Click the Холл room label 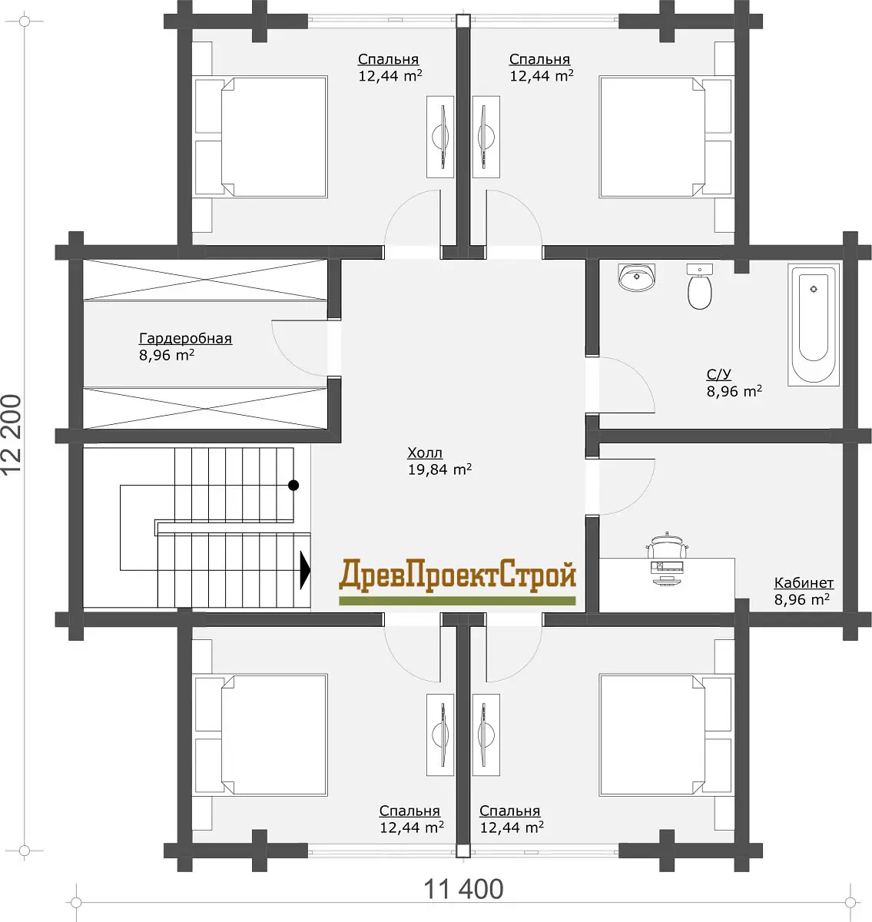pos(425,453)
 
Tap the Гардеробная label pos(185,338)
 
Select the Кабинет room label pos(804,582)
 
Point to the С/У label pos(718,374)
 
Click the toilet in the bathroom pos(699,286)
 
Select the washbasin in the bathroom pos(637,277)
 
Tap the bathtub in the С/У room pos(814,325)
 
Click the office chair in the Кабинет pos(667,545)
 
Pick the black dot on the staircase pos(293,486)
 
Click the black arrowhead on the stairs pos(305,570)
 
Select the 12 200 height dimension pos(12,435)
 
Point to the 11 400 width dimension pos(463,889)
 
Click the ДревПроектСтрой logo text pos(457,575)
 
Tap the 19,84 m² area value pos(439,469)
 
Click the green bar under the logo pos(457,601)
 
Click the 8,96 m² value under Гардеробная pos(167,354)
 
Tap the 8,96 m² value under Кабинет pos(801,599)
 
